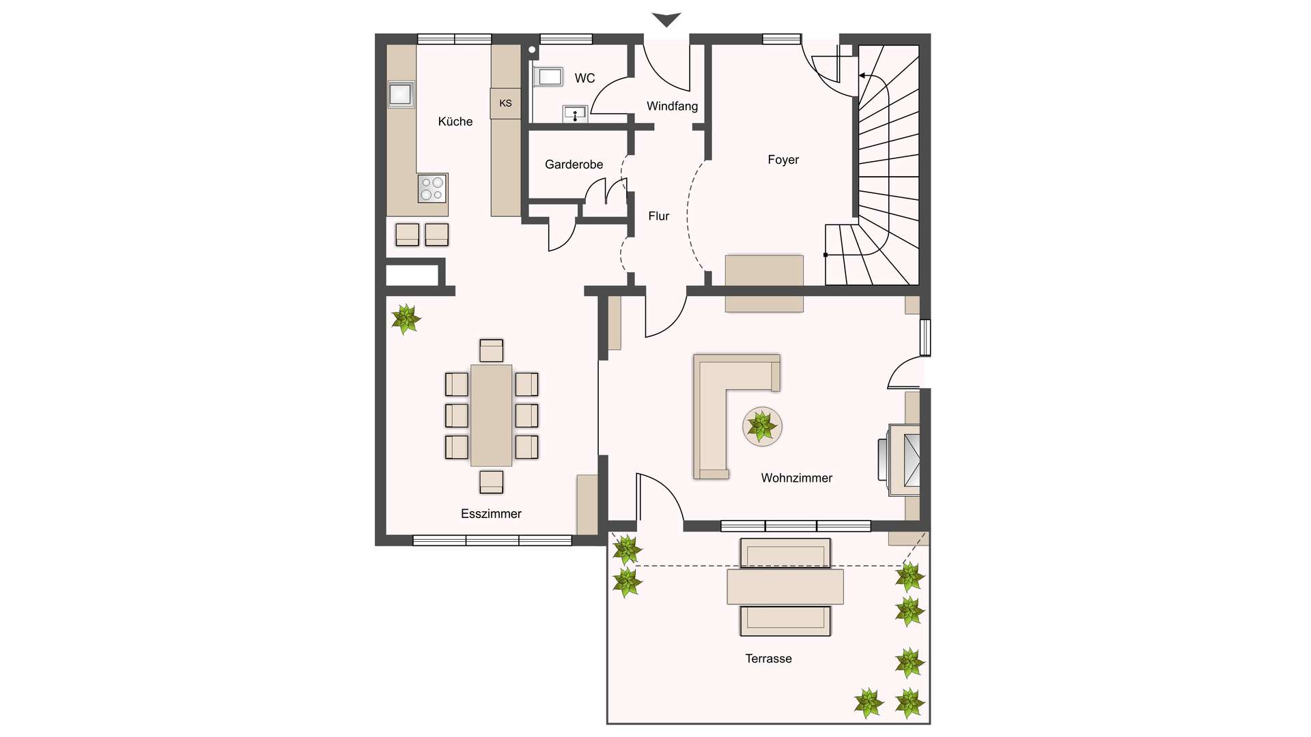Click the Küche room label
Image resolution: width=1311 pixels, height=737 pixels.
pyautogui.click(x=455, y=121)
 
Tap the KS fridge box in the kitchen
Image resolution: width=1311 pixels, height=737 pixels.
pyautogui.click(x=505, y=103)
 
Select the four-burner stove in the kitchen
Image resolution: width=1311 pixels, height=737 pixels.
pyautogui.click(x=432, y=188)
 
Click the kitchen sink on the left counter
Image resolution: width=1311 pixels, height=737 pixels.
pyautogui.click(x=401, y=94)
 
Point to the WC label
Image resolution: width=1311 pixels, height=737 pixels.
pyautogui.click(x=584, y=78)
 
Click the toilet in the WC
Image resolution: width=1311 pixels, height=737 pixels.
pyautogui.click(x=548, y=76)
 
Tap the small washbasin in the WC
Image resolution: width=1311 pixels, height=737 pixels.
pyautogui.click(x=575, y=114)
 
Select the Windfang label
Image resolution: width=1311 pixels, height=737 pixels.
pyautogui.click(x=673, y=106)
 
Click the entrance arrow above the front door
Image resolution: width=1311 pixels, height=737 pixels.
pyautogui.click(x=666, y=20)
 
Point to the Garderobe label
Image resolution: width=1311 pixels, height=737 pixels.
pyautogui.click(x=574, y=164)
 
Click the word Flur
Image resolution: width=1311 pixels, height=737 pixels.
pyautogui.click(x=659, y=216)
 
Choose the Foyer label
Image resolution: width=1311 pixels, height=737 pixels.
pyautogui.click(x=783, y=160)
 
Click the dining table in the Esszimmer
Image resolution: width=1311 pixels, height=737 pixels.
pyautogui.click(x=492, y=416)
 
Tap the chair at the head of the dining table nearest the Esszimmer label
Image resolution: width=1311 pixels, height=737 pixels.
pyautogui.click(x=492, y=482)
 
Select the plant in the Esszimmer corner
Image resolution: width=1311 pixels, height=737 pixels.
pyautogui.click(x=406, y=319)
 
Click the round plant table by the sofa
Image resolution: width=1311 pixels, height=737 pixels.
pyautogui.click(x=763, y=427)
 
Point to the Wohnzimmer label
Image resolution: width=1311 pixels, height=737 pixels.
pyautogui.click(x=797, y=478)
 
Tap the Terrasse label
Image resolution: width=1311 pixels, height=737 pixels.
pyautogui.click(x=769, y=659)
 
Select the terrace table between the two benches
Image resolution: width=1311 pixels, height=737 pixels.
pyautogui.click(x=785, y=587)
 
